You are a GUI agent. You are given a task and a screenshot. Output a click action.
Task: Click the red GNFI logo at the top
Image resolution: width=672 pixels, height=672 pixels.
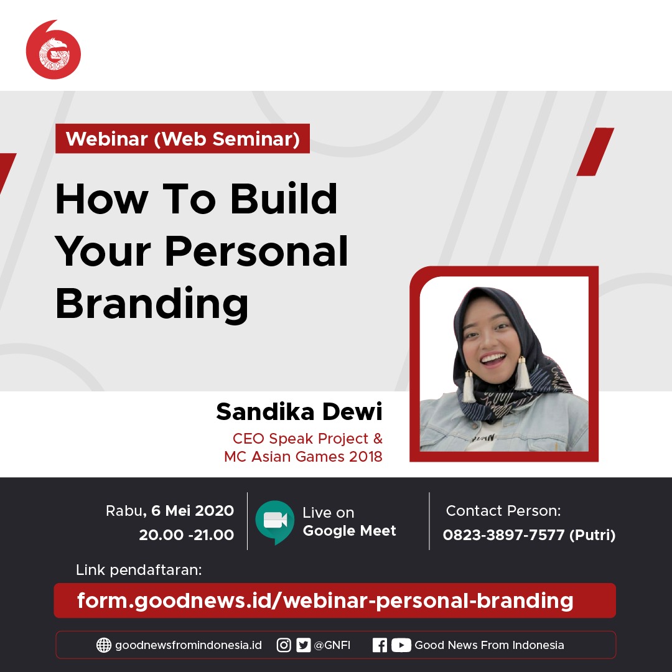(x=53, y=50)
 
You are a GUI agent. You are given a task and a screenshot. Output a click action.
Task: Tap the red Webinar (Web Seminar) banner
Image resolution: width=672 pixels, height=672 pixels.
(x=182, y=138)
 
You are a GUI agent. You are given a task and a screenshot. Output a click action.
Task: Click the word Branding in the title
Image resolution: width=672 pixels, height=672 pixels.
(x=152, y=304)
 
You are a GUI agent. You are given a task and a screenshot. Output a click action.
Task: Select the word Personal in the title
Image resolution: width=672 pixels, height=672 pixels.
(x=256, y=251)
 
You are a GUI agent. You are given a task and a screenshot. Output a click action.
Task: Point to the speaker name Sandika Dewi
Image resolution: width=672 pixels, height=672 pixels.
(x=299, y=411)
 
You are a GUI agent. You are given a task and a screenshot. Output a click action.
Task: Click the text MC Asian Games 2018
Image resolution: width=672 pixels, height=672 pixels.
(x=303, y=457)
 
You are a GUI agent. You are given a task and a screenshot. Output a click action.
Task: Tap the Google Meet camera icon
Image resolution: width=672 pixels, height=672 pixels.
(x=275, y=521)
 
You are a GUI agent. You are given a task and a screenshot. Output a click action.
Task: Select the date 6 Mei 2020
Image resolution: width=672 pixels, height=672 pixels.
(x=192, y=510)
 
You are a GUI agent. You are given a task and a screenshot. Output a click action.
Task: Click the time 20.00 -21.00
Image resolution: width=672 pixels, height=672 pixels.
(x=187, y=534)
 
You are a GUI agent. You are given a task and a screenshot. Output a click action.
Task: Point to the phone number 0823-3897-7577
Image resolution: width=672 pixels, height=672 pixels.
(x=503, y=535)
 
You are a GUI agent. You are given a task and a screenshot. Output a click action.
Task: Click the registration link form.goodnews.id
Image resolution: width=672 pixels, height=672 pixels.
(x=325, y=600)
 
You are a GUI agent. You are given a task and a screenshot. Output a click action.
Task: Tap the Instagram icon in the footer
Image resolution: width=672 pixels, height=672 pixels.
(x=284, y=645)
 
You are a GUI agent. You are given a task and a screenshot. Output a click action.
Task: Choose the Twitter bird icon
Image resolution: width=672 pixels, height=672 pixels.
(x=304, y=645)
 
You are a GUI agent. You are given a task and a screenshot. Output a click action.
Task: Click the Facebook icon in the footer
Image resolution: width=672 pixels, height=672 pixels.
(x=380, y=645)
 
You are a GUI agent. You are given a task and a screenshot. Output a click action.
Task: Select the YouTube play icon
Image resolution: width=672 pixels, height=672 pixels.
(x=401, y=645)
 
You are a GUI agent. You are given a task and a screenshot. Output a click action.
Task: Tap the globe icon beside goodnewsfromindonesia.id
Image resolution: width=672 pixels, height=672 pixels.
(x=104, y=645)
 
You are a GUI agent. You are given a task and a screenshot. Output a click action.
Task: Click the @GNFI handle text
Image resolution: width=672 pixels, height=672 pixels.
(x=332, y=645)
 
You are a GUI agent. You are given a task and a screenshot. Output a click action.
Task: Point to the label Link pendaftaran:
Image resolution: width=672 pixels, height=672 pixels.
(x=138, y=570)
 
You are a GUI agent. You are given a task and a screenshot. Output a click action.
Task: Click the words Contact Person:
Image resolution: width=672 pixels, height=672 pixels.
(x=503, y=510)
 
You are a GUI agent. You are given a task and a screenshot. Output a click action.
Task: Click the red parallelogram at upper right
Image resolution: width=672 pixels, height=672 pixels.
(x=595, y=152)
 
